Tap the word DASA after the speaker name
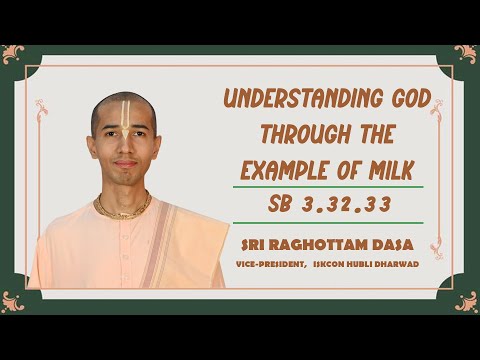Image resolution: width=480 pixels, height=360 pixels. click(393, 242)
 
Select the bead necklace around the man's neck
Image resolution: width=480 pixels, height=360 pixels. click(122, 209)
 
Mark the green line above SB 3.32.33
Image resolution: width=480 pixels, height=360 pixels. click(327, 187)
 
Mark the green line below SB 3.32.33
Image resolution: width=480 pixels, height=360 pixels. click(327, 222)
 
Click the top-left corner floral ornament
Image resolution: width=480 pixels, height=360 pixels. click(14, 52)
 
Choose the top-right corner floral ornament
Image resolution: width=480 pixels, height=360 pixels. click(465, 52)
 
